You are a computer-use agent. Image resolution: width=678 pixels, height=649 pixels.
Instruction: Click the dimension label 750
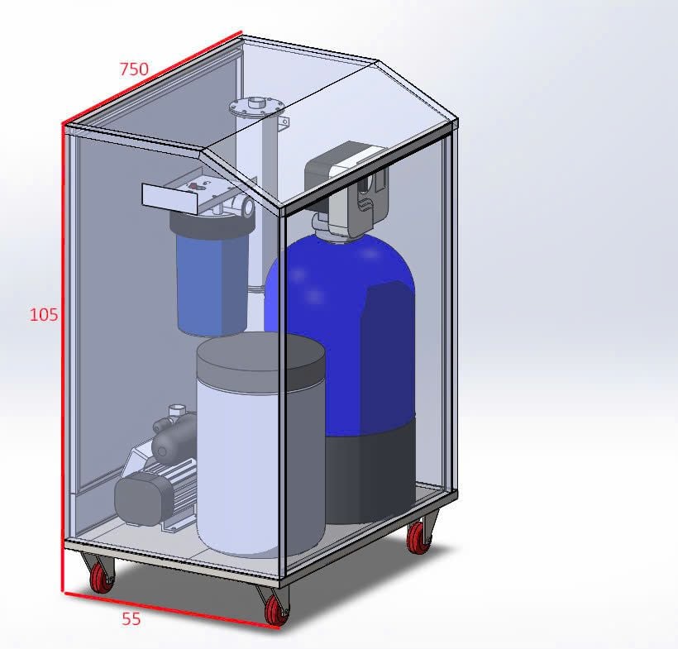point(134,69)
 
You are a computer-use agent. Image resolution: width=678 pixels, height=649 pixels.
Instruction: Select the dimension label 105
point(44,314)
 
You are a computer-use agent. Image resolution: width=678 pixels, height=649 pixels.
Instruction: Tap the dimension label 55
point(131,618)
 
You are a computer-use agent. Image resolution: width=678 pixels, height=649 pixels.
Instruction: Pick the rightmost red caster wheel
point(419,539)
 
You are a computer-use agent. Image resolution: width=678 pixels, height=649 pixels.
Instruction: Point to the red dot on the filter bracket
point(193,186)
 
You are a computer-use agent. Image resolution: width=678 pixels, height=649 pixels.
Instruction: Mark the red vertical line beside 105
point(64,356)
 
